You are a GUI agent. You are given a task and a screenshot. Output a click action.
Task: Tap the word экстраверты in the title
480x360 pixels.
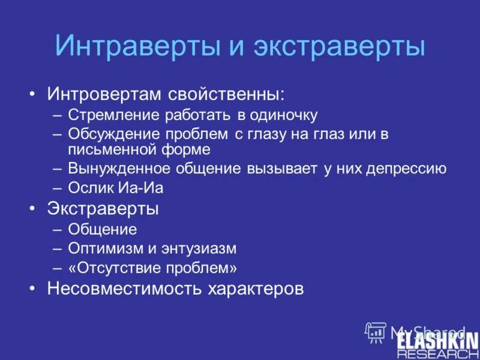(x=338, y=46)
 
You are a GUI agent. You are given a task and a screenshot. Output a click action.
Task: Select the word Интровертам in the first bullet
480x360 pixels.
(x=106, y=94)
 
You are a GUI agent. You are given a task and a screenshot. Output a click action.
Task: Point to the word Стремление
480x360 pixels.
(x=114, y=115)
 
